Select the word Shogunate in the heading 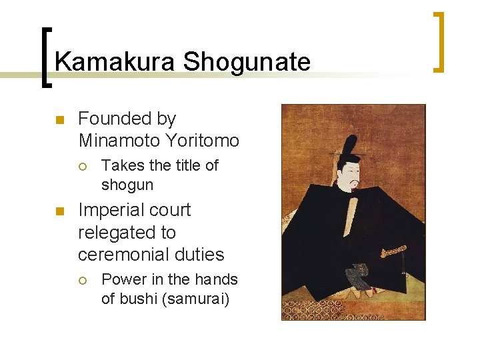coord(247,62)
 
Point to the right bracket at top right coord(439,41)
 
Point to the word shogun coord(127,185)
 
